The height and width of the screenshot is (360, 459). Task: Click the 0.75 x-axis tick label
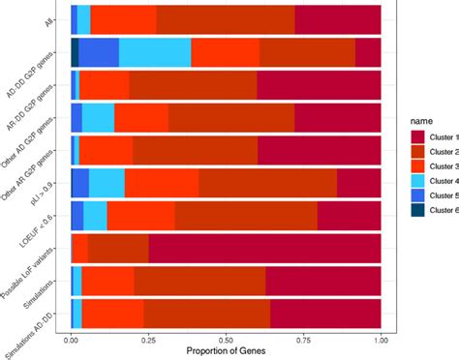[x=304, y=342]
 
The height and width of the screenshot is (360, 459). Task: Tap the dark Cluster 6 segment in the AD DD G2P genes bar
[x=75, y=52]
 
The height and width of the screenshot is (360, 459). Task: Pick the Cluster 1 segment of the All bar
[x=338, y=18]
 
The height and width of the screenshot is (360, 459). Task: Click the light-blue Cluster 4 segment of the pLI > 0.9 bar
[x=107, y=182]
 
